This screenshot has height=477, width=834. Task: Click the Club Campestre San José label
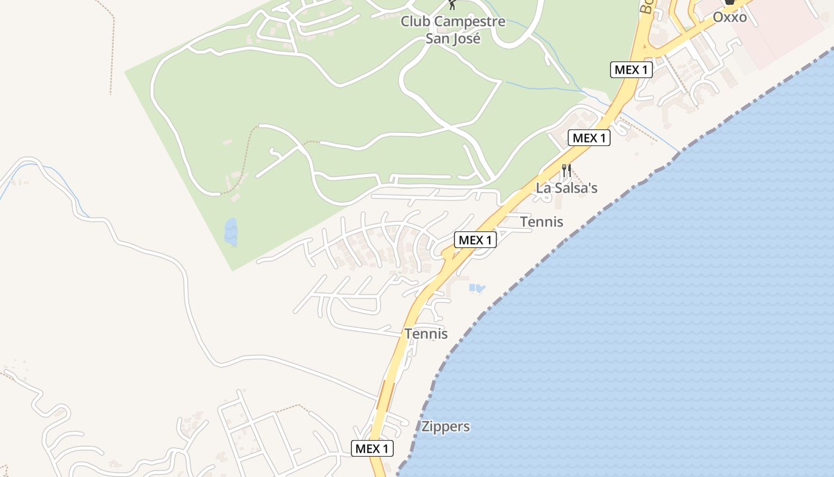(453, 30)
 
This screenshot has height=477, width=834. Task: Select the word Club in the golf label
(415, 22)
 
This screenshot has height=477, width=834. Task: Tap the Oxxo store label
(730, 17)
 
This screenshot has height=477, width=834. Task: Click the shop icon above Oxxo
(729, 2)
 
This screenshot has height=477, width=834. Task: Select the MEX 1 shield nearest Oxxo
(631, 70)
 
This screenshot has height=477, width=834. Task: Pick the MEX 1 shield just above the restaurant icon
(589, 138)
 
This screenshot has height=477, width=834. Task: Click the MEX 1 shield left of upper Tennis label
(475, 240)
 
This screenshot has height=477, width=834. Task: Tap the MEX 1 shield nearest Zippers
(372, 448)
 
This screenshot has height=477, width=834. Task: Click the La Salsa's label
(567, 188)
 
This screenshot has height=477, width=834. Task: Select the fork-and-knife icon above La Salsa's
(567, 171)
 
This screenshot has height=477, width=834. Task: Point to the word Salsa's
(576, 188)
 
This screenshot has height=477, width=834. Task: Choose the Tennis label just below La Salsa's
(542, 222)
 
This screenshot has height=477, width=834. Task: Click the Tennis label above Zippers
(426, 334)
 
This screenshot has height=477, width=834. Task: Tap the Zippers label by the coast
(446, 427)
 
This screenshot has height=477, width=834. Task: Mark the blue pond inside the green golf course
(231, 231)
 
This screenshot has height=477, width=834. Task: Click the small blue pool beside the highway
(477, 289)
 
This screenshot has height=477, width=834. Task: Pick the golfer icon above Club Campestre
(453, 5)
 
